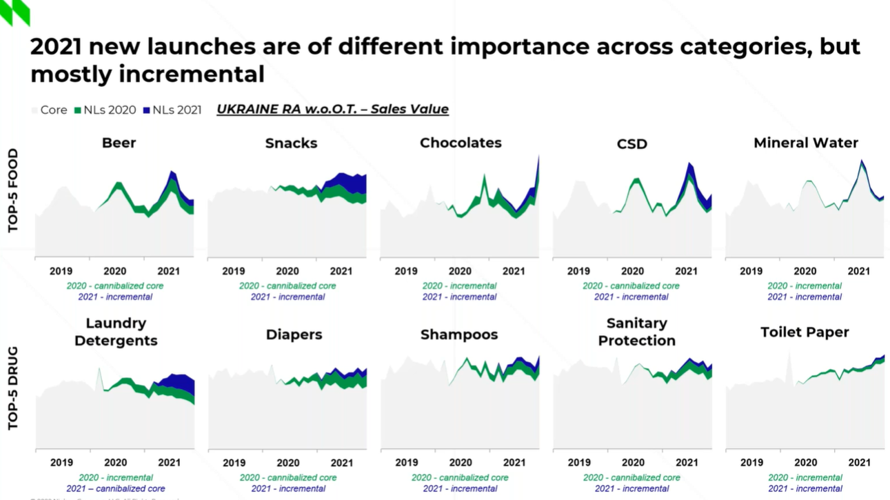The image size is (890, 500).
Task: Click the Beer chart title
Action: pos(119,143)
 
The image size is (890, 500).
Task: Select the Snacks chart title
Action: pos(291,143)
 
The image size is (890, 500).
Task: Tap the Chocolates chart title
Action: pos(461,143)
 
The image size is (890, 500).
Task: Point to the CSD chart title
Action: pos(631,144)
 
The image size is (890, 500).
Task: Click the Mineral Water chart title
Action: pos(805,143)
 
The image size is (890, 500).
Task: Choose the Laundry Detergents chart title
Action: pos(116,332)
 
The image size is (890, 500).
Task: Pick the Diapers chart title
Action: pos(294,334)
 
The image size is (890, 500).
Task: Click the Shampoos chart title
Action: pos(459,334)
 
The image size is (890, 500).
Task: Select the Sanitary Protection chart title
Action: pos(636,332)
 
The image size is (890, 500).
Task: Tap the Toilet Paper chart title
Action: pos(805,332)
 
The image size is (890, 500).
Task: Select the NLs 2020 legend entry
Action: pos(104,110)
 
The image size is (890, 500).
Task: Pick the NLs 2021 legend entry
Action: pos(172,110)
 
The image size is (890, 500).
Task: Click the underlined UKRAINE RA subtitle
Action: pos(332,109)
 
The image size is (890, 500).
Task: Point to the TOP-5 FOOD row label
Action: pos(13,190)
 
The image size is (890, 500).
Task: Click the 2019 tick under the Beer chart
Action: pos(61,271)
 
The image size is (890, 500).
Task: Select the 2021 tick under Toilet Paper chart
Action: pos(858,463)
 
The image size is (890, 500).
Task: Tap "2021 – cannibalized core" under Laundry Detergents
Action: pos(115,488)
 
